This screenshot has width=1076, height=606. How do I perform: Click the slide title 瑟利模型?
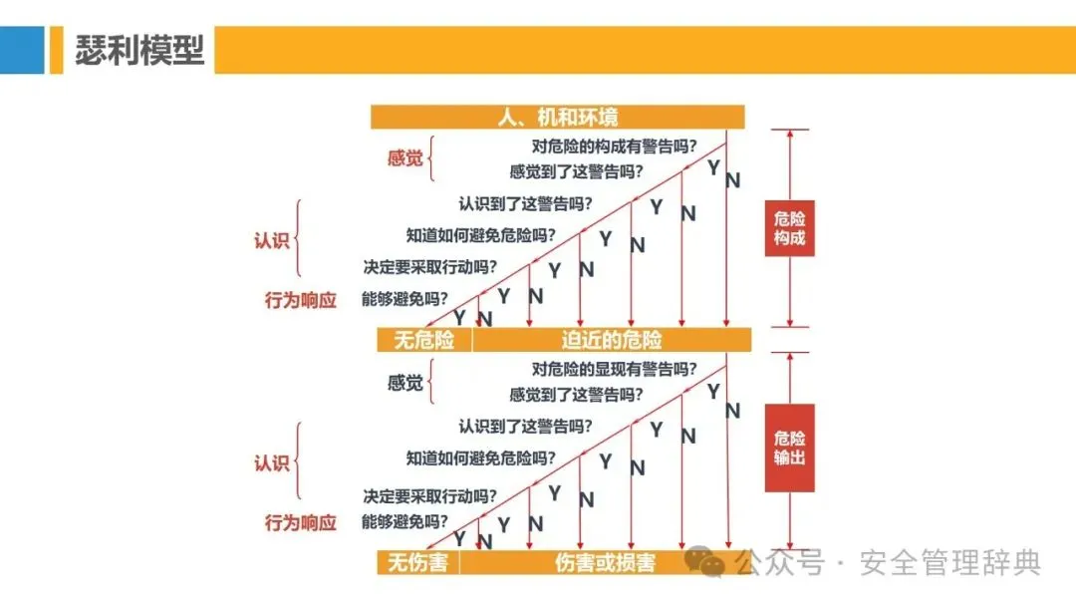tap(139, 51)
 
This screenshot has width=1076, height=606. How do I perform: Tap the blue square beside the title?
tap(22, 51)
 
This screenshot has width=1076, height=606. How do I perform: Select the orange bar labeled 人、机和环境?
tap(558, 118)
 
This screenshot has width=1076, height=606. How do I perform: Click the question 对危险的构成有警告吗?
tap(614, 146)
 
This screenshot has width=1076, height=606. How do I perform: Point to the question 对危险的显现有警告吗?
tap(614, 369)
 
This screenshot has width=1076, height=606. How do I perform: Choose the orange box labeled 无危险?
tap(423, 340)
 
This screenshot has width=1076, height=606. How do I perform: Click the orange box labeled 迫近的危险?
tap(611, 340)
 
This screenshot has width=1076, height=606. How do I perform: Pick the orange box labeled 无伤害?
tap(417, 563)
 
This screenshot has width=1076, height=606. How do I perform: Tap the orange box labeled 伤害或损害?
tap(605, 563)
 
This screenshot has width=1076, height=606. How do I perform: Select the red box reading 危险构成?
tap(789, 228)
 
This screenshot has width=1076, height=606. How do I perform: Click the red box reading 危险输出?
tap(789, 448)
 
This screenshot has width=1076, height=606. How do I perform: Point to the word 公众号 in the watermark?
tap(780, 563)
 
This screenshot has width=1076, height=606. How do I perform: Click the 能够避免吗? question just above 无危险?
tap(404, 298)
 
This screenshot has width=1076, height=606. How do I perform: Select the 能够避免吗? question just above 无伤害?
tap(404, 521)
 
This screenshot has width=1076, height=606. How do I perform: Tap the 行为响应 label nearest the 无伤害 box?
tap(300, 522)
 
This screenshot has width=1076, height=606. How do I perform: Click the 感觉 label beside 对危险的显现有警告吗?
tap(405, 383)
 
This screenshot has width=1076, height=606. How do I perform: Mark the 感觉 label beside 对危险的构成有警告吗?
tap(405, 158)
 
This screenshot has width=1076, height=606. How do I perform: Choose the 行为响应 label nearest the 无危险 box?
tap(300, 299)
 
